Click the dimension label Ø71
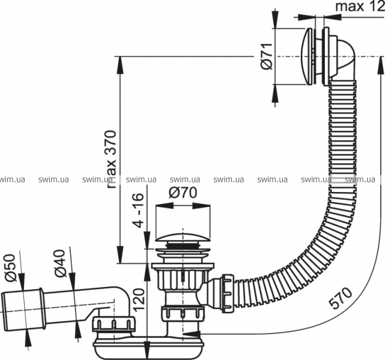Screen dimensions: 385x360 (267, 56)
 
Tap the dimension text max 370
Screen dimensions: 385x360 (111, 160)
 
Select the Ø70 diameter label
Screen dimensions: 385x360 (183, 193)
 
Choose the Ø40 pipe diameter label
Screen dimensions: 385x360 (60, 263)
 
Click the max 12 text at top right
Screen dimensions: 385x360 (360, 7)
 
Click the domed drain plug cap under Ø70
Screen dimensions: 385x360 (183, 236)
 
